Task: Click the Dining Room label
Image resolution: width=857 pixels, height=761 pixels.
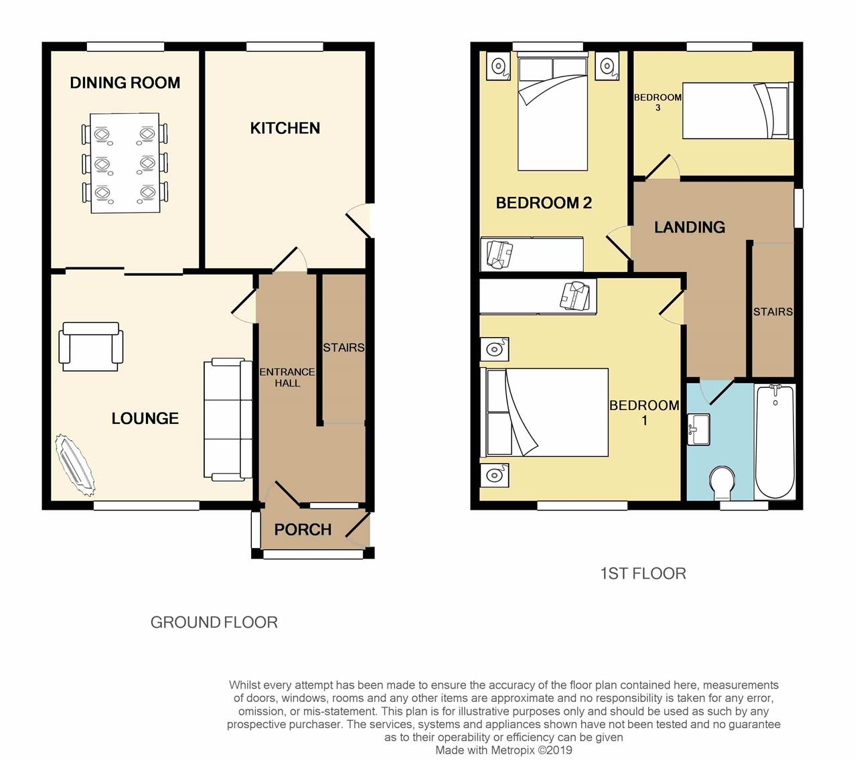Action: (125, 82)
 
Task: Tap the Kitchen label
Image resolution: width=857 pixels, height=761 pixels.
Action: (285, 128)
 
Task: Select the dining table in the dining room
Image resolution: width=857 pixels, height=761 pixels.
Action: (125, 163)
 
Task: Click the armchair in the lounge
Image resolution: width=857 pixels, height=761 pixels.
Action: (91, 346)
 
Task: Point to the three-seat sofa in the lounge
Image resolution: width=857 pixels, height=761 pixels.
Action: (228, 419)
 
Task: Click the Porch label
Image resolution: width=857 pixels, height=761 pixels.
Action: (303, 529)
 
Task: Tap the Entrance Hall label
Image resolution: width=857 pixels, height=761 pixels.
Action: (287, 378)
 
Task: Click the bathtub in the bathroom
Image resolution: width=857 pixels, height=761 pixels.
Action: (775, 441)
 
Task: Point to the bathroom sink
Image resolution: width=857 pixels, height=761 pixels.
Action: (699, 429)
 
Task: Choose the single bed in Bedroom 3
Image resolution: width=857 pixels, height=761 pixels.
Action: (738, 111)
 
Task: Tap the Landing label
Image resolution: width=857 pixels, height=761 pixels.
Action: (690, 227)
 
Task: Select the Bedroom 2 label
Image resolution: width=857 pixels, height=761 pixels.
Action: (544, 203)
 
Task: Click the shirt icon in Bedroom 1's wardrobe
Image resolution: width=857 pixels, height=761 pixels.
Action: (574, 296)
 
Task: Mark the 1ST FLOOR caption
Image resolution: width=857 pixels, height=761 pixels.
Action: (643, 573)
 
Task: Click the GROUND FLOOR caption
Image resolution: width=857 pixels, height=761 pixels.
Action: (214, 622)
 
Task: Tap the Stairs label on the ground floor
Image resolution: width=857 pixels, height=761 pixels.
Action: (343, 348)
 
